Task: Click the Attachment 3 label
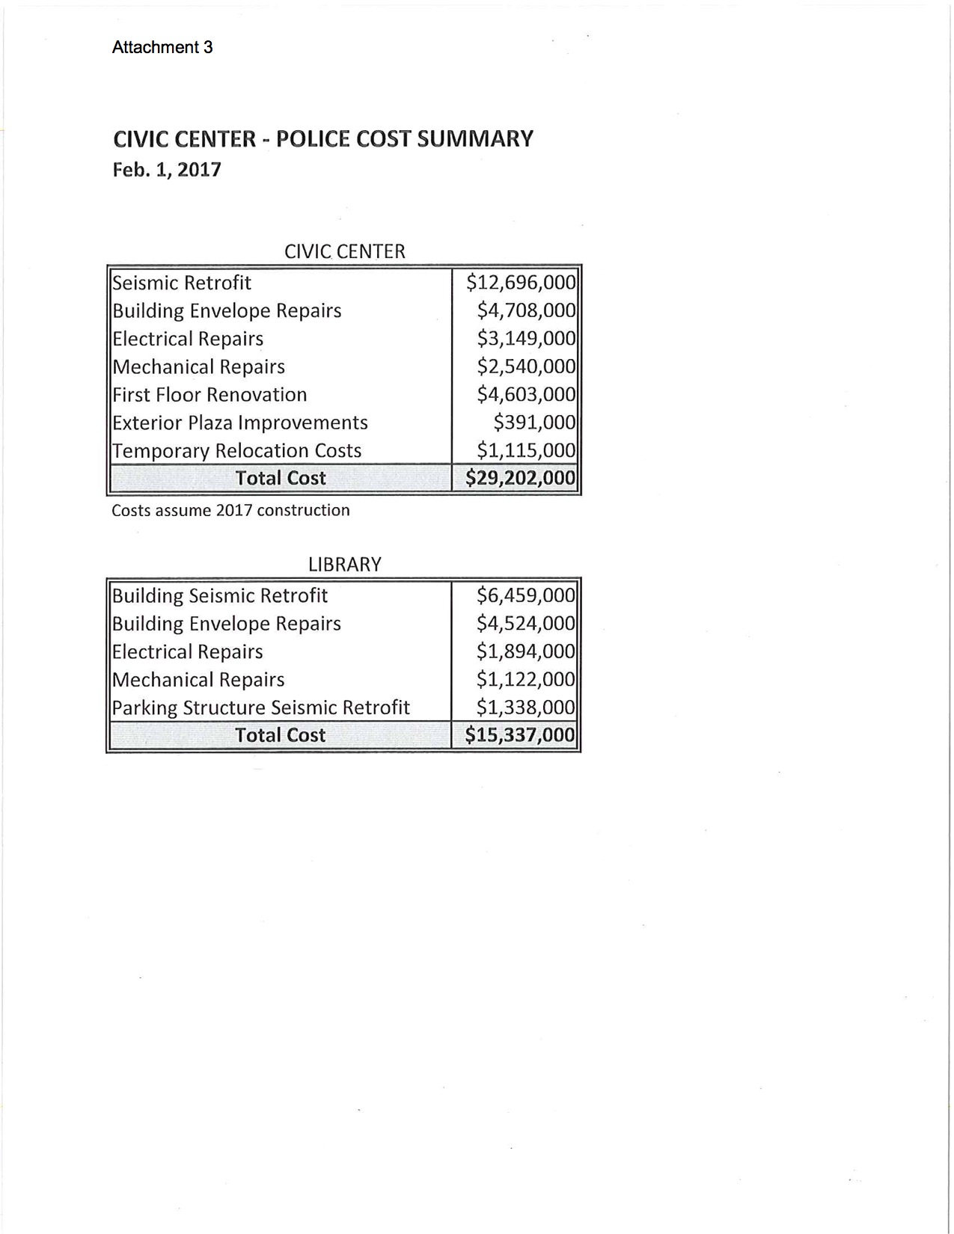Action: pos(162,47)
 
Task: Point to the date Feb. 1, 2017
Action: pos(167,170)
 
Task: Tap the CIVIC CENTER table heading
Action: pos(345,251)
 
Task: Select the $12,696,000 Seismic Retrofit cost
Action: pos(521,283)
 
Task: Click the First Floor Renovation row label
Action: pos(210,395)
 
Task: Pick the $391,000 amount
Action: pos(534,423)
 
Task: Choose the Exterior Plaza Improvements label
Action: pos(239,423)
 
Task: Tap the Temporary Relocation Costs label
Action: pos(236,451)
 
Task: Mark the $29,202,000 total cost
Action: pos(520,479)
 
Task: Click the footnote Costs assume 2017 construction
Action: pos(230,510)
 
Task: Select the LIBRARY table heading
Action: pos(345,565)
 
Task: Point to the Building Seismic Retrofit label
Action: pos(219,596)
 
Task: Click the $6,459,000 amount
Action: pos(526,596)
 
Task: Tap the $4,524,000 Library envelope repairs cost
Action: pos(526,624)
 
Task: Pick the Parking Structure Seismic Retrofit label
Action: pos(260,707)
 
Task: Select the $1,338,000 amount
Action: pos(526,707)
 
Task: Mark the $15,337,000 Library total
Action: pos(520,735)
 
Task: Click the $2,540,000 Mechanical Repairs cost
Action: pos(526,366)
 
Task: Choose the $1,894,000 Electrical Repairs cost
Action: pos(526,651)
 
